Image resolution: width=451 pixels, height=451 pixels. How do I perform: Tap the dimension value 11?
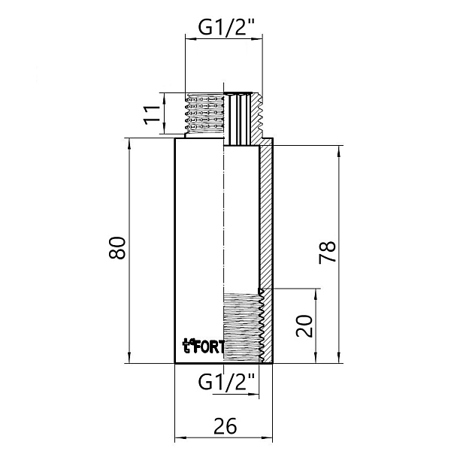pos(153,114)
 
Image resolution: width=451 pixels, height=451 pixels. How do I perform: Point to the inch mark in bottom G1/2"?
pos(253,376)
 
